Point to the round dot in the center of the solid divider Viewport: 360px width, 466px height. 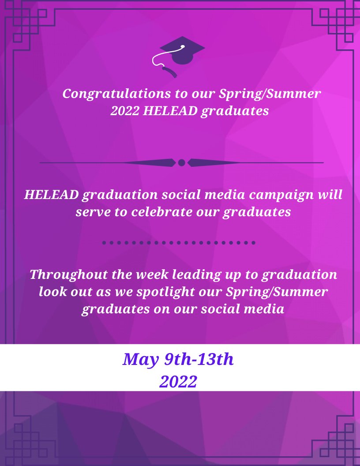coord(181,163)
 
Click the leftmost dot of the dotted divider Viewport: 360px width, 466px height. coord(104,243)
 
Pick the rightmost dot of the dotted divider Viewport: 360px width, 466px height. coord(253,243)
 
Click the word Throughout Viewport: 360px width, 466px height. coord(63,274)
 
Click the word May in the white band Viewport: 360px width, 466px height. coord(140,360)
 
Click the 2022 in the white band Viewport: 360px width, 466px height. coord(178,382)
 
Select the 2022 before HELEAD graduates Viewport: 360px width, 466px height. coord(125,111)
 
